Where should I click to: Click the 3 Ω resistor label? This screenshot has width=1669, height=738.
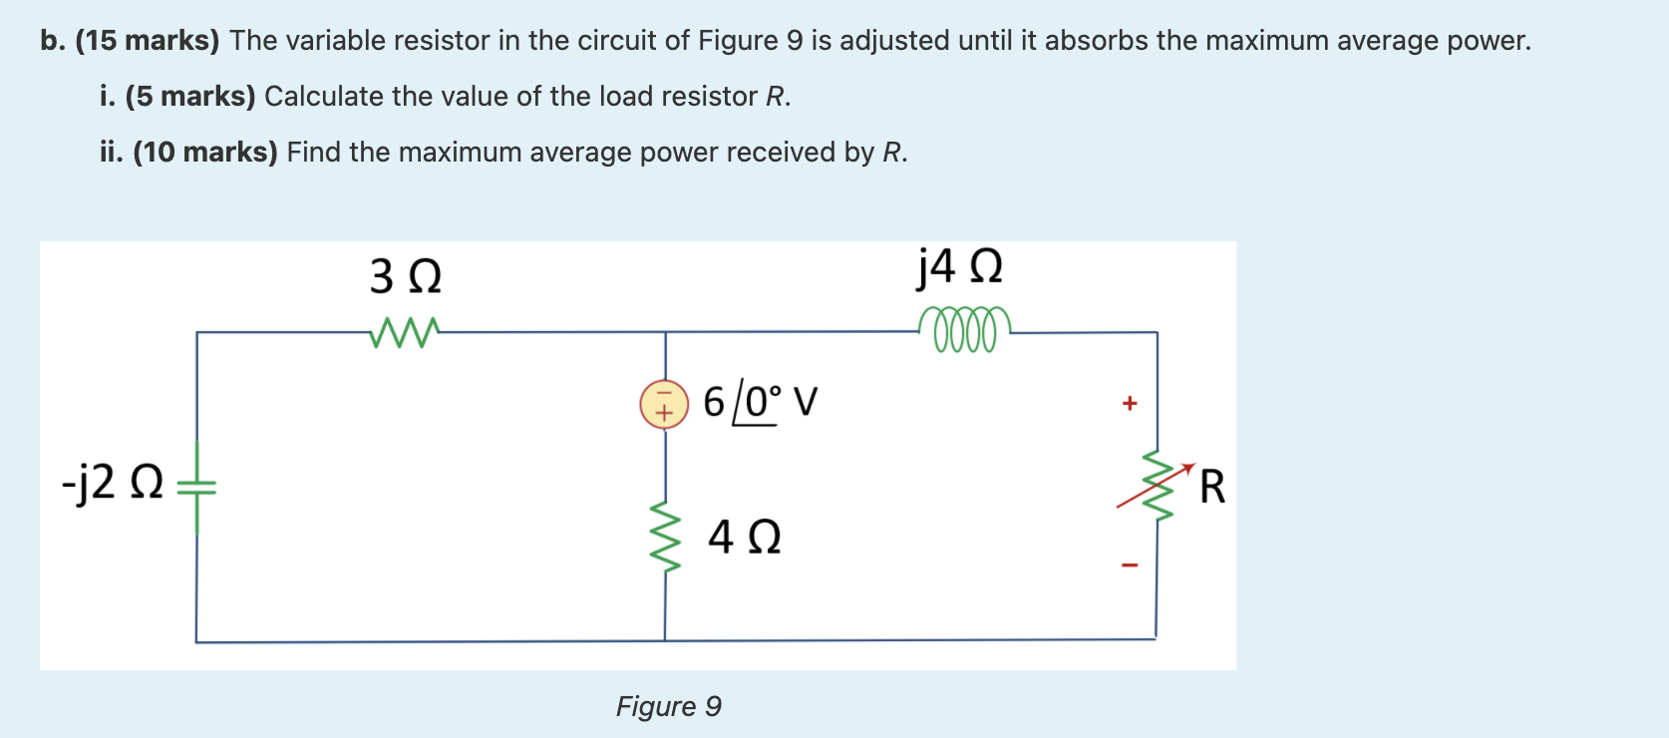coord(405,276)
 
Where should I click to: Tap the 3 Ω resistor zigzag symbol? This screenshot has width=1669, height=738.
coord(404,332)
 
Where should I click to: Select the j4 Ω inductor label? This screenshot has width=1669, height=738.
coord(959,266)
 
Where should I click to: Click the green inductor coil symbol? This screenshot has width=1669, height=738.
coord(964,330)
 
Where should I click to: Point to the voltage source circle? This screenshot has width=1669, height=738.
coord(664,404)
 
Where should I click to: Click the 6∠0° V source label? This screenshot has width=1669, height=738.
coord(760,402)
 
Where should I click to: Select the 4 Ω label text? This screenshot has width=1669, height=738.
coord(744,537)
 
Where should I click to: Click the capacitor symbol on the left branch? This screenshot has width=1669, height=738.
coord(196,487)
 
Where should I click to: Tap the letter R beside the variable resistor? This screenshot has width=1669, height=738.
coord(1212,487)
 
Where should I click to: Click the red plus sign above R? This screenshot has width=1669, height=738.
coord(1129,404)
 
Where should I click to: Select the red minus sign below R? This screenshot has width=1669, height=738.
coord(1129,565)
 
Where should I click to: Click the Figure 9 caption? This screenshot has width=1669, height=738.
coord(668,706)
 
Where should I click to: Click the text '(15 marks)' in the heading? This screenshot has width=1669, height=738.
coord(147,41)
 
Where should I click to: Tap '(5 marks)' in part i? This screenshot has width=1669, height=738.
coord(190,97)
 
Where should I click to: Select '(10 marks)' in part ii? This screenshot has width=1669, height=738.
coord(205,153)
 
